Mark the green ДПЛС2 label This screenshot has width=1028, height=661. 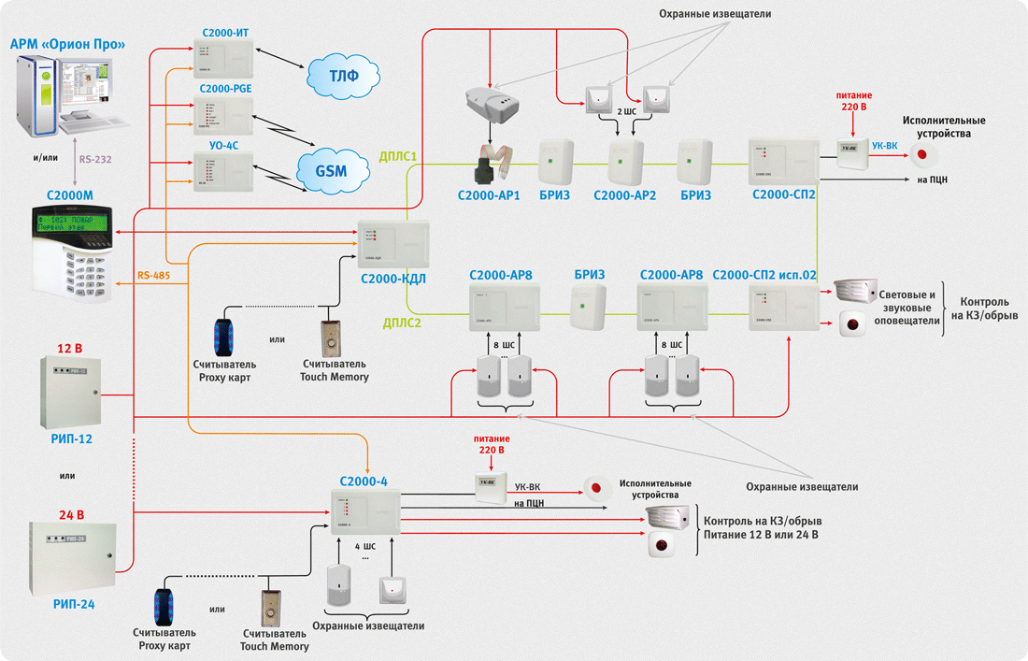pyautogui.click(x=403, y=323)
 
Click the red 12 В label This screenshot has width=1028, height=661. pyautogui.click(x=70, y=349)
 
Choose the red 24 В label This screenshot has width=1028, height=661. pyautogui.click(x=72, y=514)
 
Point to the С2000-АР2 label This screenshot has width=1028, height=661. pyautogui.click(x=624, y=195)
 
